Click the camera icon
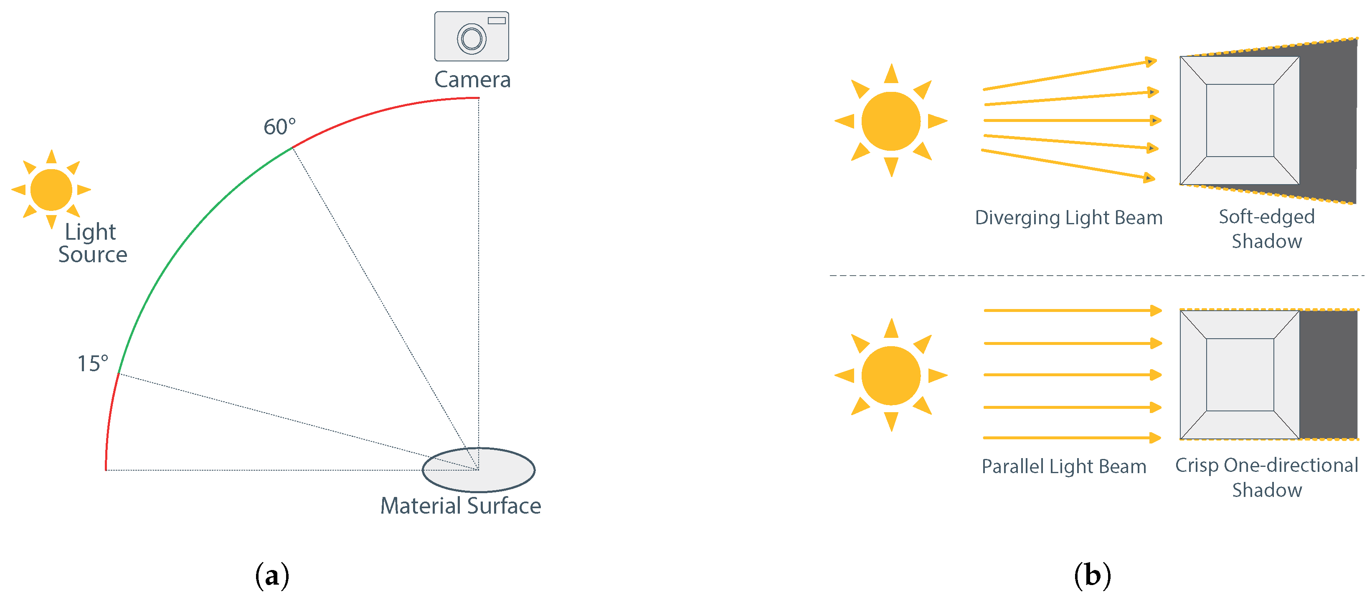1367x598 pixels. [x=471, y=36]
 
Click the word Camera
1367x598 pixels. [x=472, y=80]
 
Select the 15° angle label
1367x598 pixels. [x=93, y=363]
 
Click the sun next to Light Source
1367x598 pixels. [x=51, y=190]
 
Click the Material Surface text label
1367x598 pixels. [x=461, y=506]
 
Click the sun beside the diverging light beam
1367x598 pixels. [x=890, y=121]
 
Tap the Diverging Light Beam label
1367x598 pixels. [x=1068, y=218]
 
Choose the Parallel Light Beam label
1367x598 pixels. [x=1063, y=466]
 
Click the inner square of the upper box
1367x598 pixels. [x=1240, y=120]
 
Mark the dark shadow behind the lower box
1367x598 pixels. [x=1328, y=375]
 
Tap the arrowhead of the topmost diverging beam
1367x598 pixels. [x=1151, y=61]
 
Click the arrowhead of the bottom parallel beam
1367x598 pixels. [x=1155, y=438]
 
